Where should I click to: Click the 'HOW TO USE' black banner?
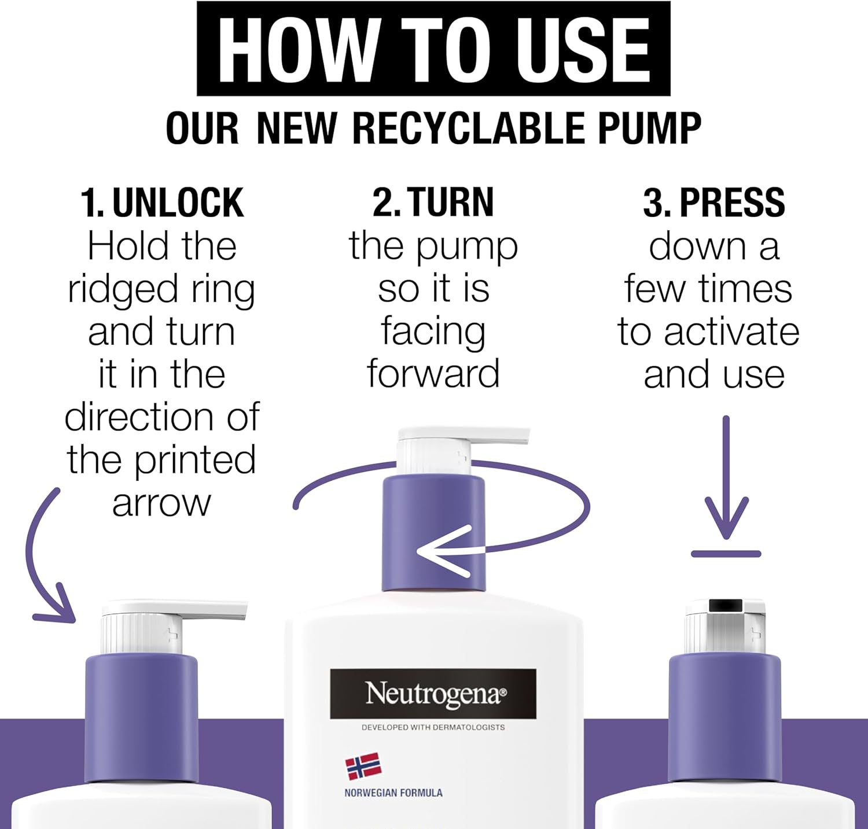[x=433, y=49]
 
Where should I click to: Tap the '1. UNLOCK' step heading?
[x=162, y=202]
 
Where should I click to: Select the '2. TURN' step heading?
[x=433, y=202]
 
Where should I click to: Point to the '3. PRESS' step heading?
[x=714, y=202]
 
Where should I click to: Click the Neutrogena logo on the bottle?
[x=433, y=694]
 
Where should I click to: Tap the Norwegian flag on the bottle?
[x=363, y=766]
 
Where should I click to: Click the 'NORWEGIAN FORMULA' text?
[x=393, y=793]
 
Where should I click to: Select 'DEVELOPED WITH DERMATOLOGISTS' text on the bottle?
[x=433, y=727]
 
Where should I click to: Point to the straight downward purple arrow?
[x=726, y=477]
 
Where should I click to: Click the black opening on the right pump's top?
[x=726, y=605]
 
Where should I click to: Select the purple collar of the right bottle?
[x=725, y=719]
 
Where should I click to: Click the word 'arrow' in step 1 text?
[x=161, y=503]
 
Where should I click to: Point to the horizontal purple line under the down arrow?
[x=726, y=554]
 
